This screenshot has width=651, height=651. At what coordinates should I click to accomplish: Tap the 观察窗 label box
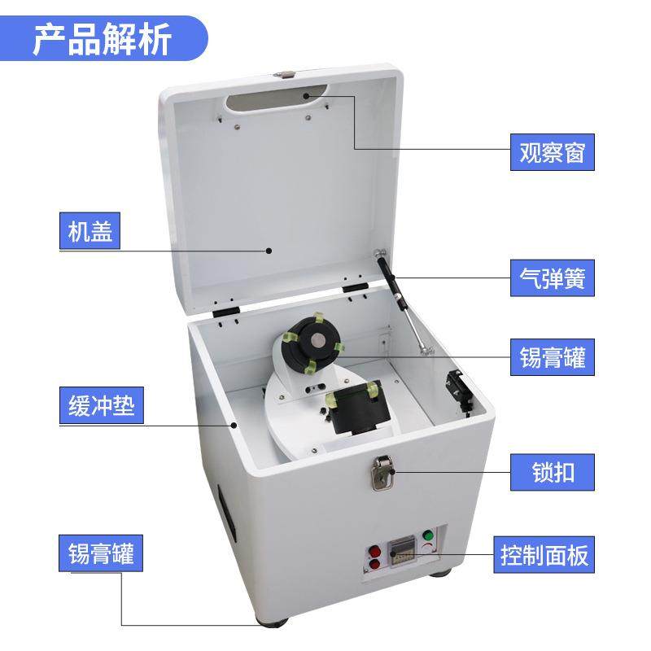[x=553, y=151]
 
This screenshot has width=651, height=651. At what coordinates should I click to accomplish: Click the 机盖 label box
[x=90, y=232]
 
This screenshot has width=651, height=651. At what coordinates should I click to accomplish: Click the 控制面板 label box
[x=542, y=556]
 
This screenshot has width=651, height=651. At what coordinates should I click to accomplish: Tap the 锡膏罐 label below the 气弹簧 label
[x=553, y=356]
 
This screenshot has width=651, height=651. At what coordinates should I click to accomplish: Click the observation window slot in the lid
[x=273, y=101]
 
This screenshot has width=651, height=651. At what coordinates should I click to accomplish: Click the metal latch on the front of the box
[x=382, y=474]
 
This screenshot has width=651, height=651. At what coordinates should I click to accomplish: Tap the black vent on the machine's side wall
[x=225, y=512]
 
